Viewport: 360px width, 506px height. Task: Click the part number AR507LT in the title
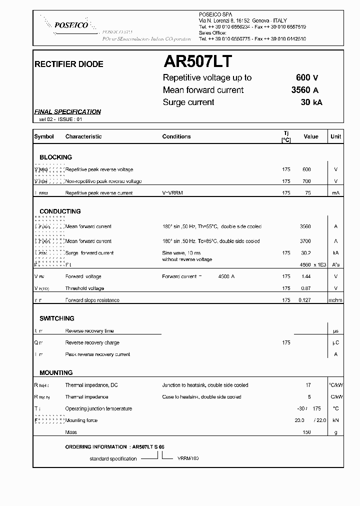click(197, 61)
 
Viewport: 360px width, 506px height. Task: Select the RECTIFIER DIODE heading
click(68, 64)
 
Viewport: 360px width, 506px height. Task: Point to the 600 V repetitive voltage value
click(307, 77)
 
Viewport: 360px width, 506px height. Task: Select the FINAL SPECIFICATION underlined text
click(67, 112)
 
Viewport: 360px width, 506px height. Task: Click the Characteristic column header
click(83, 136)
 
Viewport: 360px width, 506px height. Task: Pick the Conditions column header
click(176, 136)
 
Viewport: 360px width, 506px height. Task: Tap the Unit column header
click(335, 136)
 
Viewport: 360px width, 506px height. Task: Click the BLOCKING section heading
click(56, 157)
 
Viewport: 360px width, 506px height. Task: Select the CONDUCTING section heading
click(60, 211)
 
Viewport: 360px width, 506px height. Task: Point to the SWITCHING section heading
click(57, 318)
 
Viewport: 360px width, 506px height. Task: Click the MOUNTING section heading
click(56, 373)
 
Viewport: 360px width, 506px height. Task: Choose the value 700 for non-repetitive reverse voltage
click(306, 181)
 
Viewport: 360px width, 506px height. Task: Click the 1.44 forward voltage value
click(306, 276)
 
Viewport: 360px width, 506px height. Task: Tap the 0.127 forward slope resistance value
click(304, 300)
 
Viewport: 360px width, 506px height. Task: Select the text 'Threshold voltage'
click(84, 288)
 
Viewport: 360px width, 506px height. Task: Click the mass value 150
click(306, 432)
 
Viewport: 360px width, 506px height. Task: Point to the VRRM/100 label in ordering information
click(188, 458)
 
